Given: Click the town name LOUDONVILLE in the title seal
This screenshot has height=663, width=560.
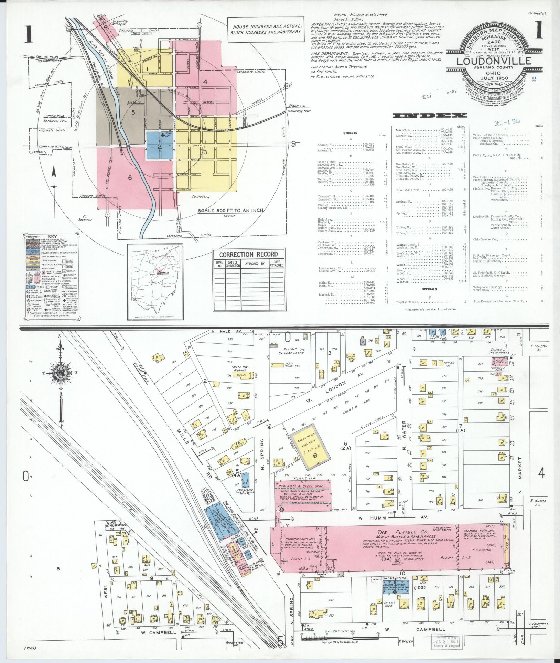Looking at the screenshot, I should (494, 61).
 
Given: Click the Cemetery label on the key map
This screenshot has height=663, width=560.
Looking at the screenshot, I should (201, 197).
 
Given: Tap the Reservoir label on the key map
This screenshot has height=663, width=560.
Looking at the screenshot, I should (84, 219).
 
